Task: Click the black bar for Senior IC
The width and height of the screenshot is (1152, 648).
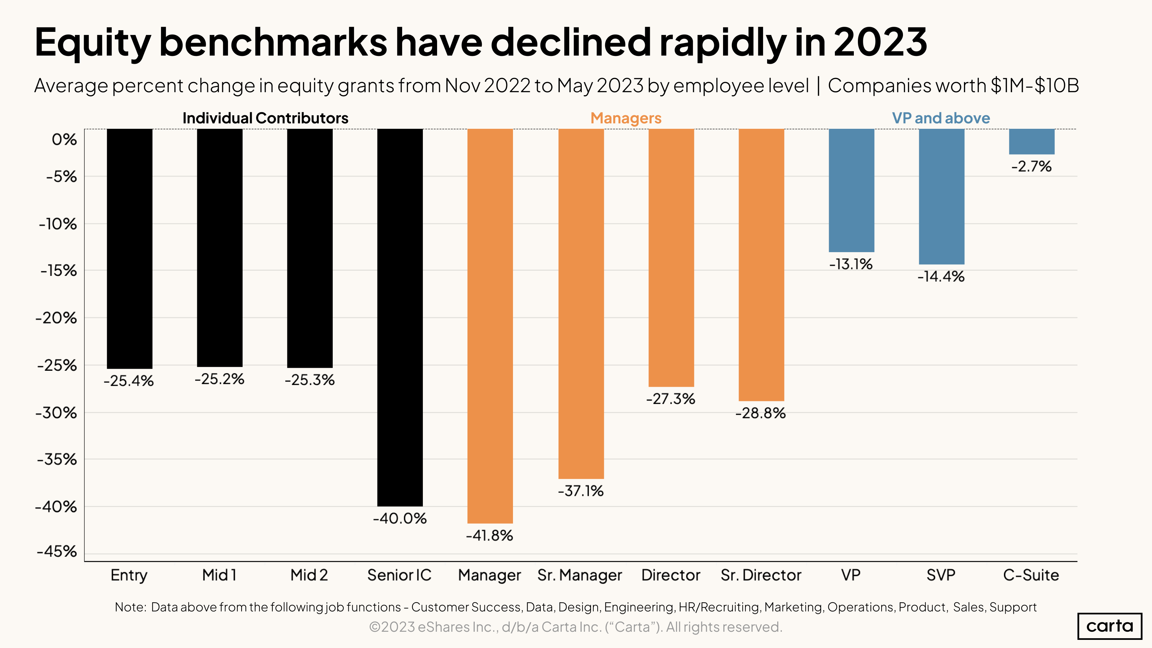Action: [x=400, y=318]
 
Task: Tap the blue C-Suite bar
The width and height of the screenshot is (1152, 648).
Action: [x=1031, y=141]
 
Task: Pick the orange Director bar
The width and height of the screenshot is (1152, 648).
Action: [x=671, y=258]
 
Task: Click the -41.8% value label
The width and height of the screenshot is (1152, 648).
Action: [x=489, y=535]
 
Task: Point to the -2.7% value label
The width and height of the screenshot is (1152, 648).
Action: [x=1031, y=166]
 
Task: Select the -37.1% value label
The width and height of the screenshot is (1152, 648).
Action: [x=580, y=491]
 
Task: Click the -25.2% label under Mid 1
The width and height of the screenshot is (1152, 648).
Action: [x=219, y=379]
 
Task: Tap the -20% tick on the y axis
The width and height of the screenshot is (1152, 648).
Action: [x=56, y=318]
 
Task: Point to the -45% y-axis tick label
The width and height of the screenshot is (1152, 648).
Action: [x=57, y=551]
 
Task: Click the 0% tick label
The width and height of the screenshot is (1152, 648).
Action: [x=64, y=140]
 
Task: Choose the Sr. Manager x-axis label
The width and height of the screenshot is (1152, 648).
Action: [x=580, y=575]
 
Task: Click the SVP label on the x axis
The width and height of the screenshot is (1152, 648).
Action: [x=941, y=575]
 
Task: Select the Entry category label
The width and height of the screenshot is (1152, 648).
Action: [x=129, y=575]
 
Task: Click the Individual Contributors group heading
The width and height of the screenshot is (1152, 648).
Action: [x=265, y=118]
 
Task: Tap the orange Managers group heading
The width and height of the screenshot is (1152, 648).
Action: [x=626, y=118]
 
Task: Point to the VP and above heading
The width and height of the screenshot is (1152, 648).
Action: [x=941, y=118]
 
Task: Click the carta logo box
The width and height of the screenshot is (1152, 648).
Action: [x=1110, y=626]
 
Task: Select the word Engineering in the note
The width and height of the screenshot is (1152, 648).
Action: [x=639, y=607]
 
